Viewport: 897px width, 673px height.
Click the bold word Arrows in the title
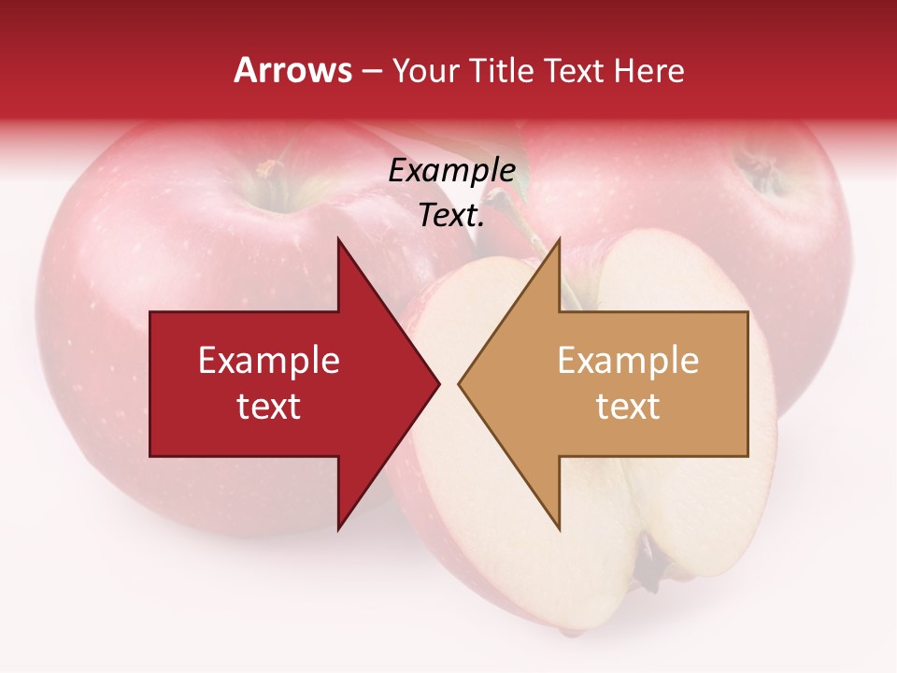[293, 70]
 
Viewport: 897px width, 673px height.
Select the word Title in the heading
[505, 70]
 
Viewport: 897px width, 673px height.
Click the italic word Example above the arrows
[451, 171]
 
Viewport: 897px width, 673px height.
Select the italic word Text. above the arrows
[451, 216]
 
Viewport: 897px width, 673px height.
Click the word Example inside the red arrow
[268, 360]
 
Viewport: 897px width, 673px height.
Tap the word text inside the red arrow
[268, 406]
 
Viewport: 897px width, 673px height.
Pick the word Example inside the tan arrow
[628, 360]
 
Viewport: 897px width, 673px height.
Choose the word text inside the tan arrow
[628, 406]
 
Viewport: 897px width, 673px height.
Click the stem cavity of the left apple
[270, 174]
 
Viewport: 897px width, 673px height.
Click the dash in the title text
[371, 72]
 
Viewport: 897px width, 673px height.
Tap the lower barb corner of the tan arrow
[559, 529]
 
